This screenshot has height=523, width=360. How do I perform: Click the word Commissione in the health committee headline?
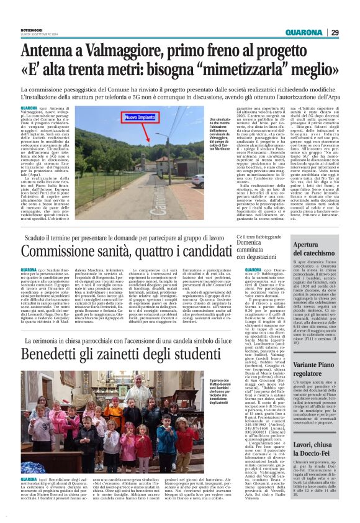[62, 253]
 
